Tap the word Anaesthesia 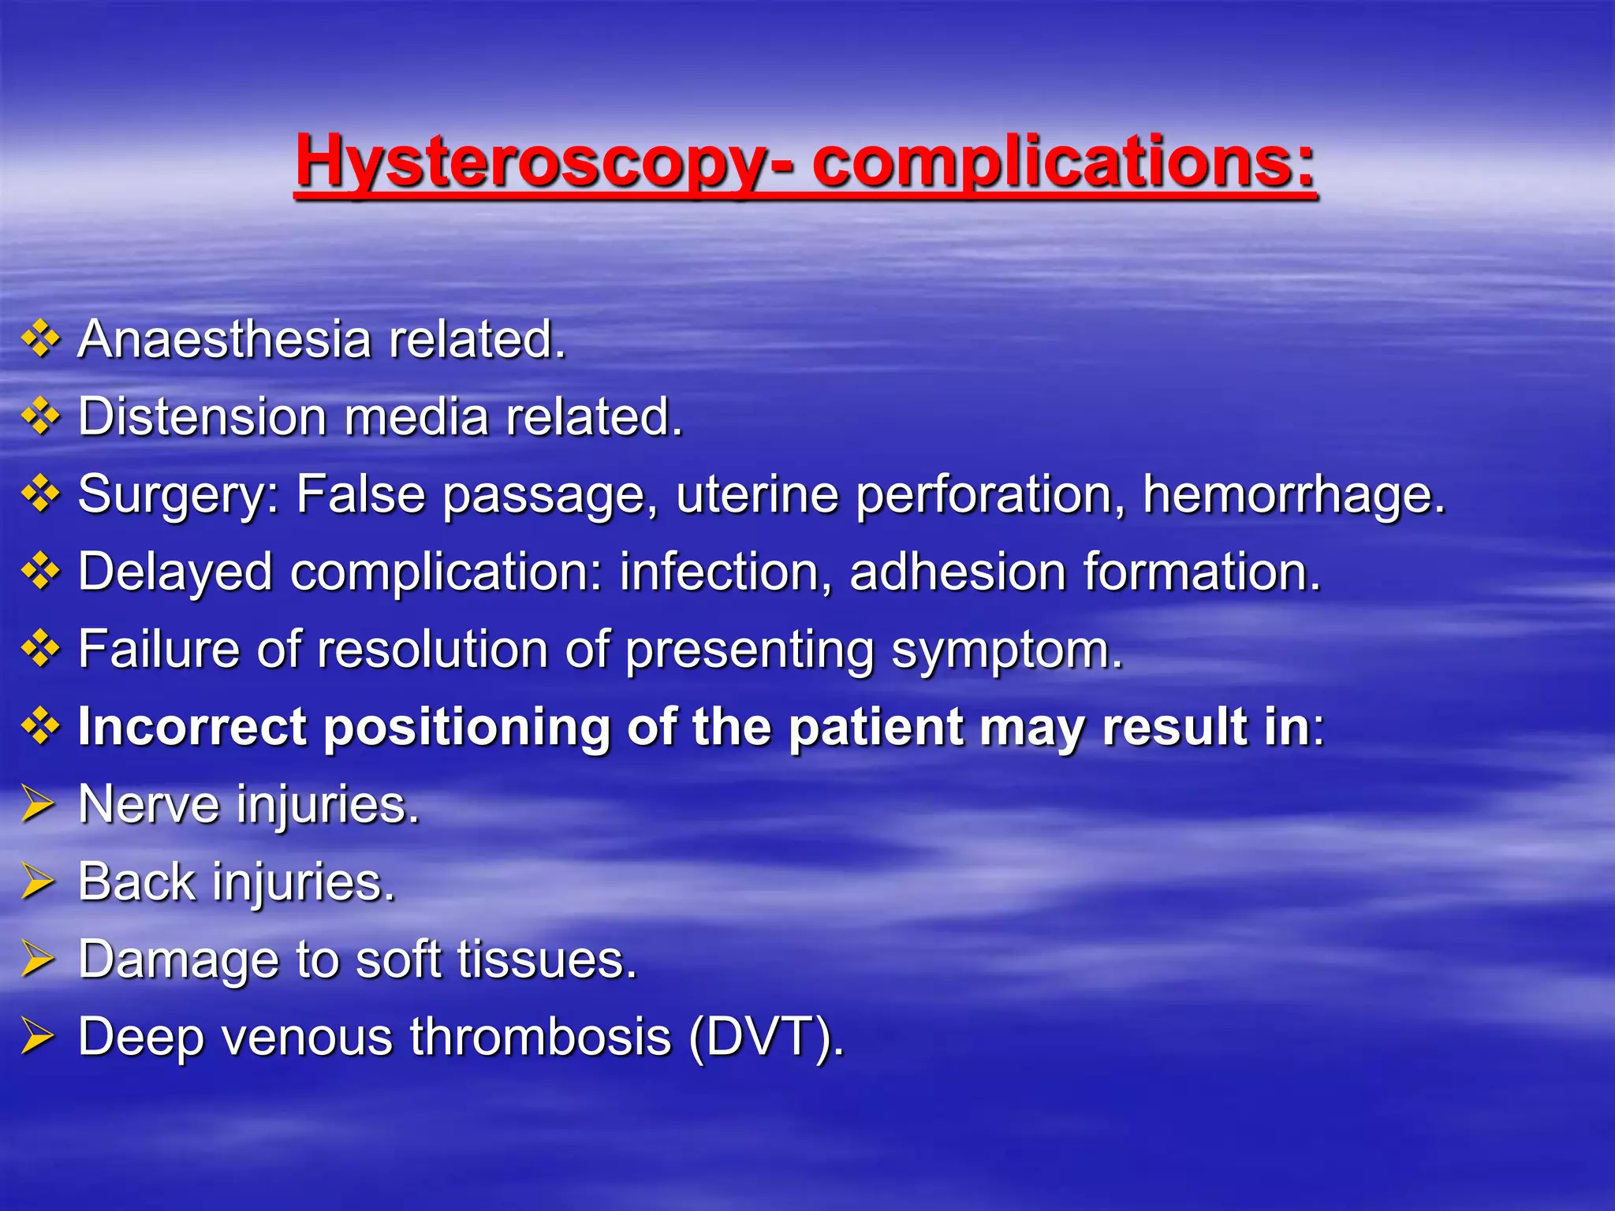tap(224, 340)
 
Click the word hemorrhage tap(1294, 495)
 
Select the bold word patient tap(875, 726)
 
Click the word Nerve tap(149, 804)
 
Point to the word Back tap(136, 881)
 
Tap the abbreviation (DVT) tap(765, 1037)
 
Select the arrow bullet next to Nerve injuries tap(38, 804)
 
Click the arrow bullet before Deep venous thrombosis tap(38, 1036)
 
